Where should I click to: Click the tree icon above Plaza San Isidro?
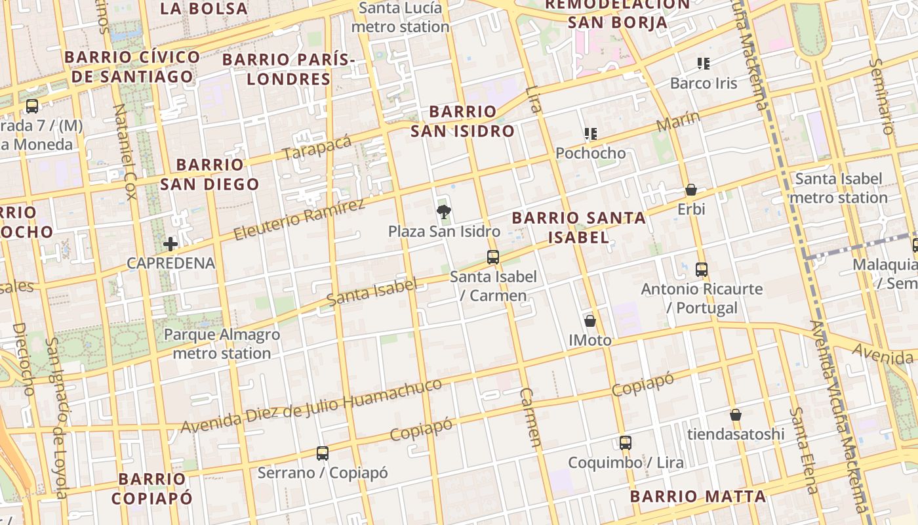click(x=444, y=211)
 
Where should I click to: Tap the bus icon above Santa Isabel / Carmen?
click(x=493, y=257)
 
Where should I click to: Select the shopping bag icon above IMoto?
click(x=590, y=321)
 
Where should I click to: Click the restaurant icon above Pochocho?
click(x=590, y=134)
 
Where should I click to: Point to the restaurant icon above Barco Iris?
click(x=704, y=64)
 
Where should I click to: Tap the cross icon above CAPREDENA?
click(x=170, y=244)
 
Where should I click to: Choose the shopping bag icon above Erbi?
click(x=691, y=190)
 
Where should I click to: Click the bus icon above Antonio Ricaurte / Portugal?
click(x=702, y=269)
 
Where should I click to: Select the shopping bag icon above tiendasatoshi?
click(x=736, y=415)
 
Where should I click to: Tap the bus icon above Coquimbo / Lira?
click(x=626, y=443)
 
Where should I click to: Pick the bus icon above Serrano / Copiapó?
click(x=322, y=453)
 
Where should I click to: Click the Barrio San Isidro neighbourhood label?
click(x=462, y=121)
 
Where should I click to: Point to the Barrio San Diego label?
click(x=210, y=175)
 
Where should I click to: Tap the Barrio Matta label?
click(x=698, y=496)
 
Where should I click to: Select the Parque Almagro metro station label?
click(x=222, y=344)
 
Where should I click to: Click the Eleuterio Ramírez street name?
click(x=299, y=219)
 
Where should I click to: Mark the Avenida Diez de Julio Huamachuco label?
click(x=311, y=406)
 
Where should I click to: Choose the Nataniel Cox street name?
click(x=124, y=151)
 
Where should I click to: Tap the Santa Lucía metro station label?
click(x=400, y=18)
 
